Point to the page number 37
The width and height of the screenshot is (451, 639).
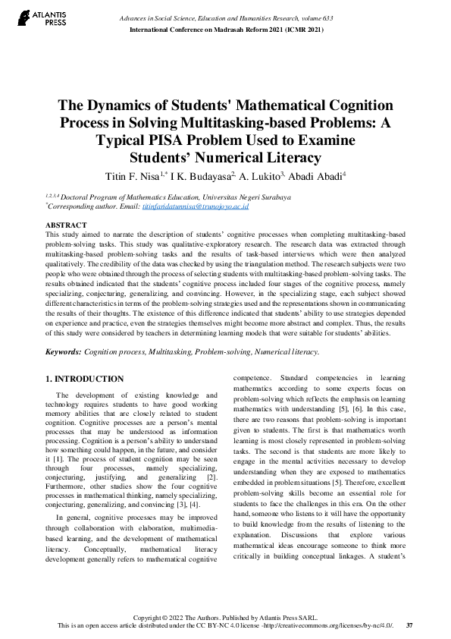[x=409, y=625]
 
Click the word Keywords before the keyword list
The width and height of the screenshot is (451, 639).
[x=63, y=352]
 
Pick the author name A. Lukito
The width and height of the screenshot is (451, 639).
[x=259, y=177]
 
